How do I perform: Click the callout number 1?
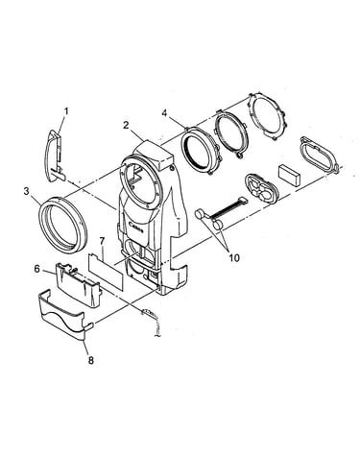coord(66,111)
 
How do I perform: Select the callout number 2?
coord(126,125)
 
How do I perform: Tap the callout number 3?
coord(27,191)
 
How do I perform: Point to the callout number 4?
coord(164,113)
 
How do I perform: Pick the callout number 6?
coord(37,269)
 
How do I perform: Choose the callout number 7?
coord(102,241)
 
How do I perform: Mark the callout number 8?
coord(91,360)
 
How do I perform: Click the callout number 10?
coord(234,257)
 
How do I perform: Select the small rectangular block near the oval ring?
coord(290,175)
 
